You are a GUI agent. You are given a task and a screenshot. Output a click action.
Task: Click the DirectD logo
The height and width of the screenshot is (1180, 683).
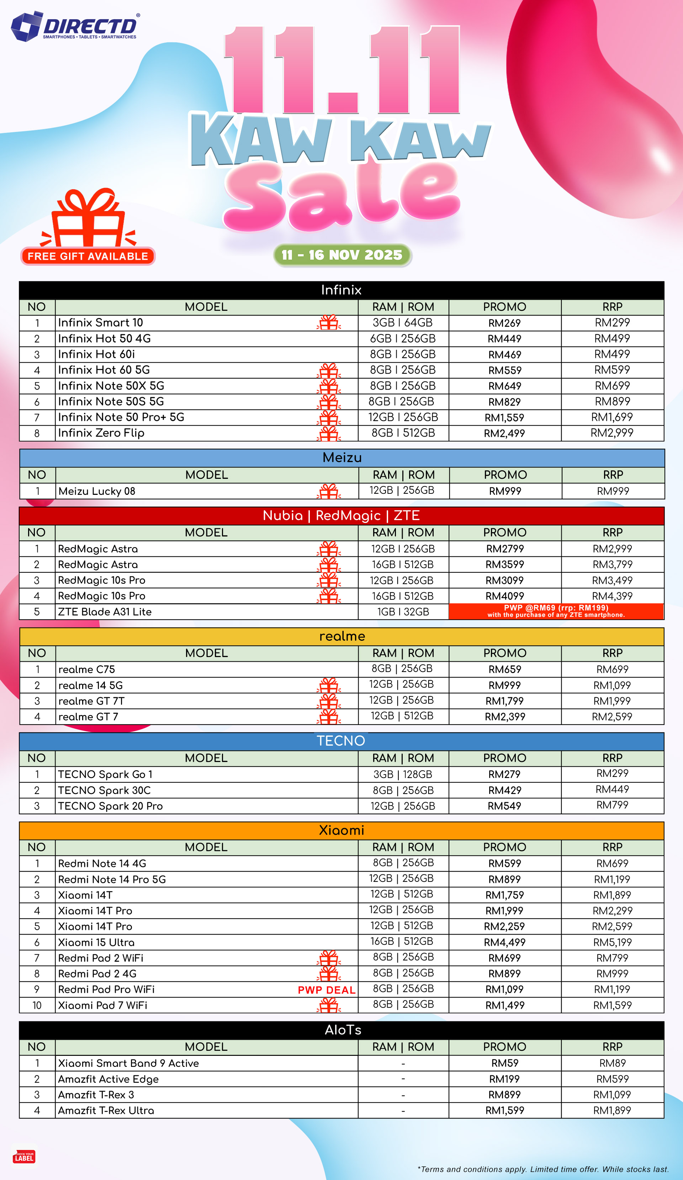pyautogui.click(x=75, y=27)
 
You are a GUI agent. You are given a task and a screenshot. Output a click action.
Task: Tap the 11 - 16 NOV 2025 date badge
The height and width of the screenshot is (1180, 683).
pyautogui.click(x=342, y=255)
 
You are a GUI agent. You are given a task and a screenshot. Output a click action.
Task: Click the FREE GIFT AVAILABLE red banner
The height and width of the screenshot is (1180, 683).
pyautogui.click(x=88, y=256)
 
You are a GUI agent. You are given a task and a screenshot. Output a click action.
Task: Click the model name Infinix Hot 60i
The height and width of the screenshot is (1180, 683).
pyautogui.click(x=96, y=354)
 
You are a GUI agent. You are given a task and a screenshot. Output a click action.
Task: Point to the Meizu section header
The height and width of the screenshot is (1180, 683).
pyautogui.click(x=342, y=457)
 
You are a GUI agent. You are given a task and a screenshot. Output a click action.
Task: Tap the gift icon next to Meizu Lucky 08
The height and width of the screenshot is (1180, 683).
pyautogui.click(x=329, y=491)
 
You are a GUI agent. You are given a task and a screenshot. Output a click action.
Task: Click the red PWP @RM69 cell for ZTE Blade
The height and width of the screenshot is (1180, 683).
pyautogui.click(x=556, y=611)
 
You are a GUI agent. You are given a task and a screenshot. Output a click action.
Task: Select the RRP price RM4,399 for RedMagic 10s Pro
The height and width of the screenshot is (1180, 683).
pyautogui.click(x=612, y=596)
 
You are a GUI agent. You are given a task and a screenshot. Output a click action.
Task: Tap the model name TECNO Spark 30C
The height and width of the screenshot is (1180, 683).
pyautogui.click(x=104, y=790)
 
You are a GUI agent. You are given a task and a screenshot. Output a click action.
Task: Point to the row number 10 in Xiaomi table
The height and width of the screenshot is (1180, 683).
pyautogui.click(x=37, y=1005)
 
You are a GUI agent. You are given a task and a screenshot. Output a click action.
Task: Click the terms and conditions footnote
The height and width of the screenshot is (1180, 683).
pyautogui.click(x=543, y=1169)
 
